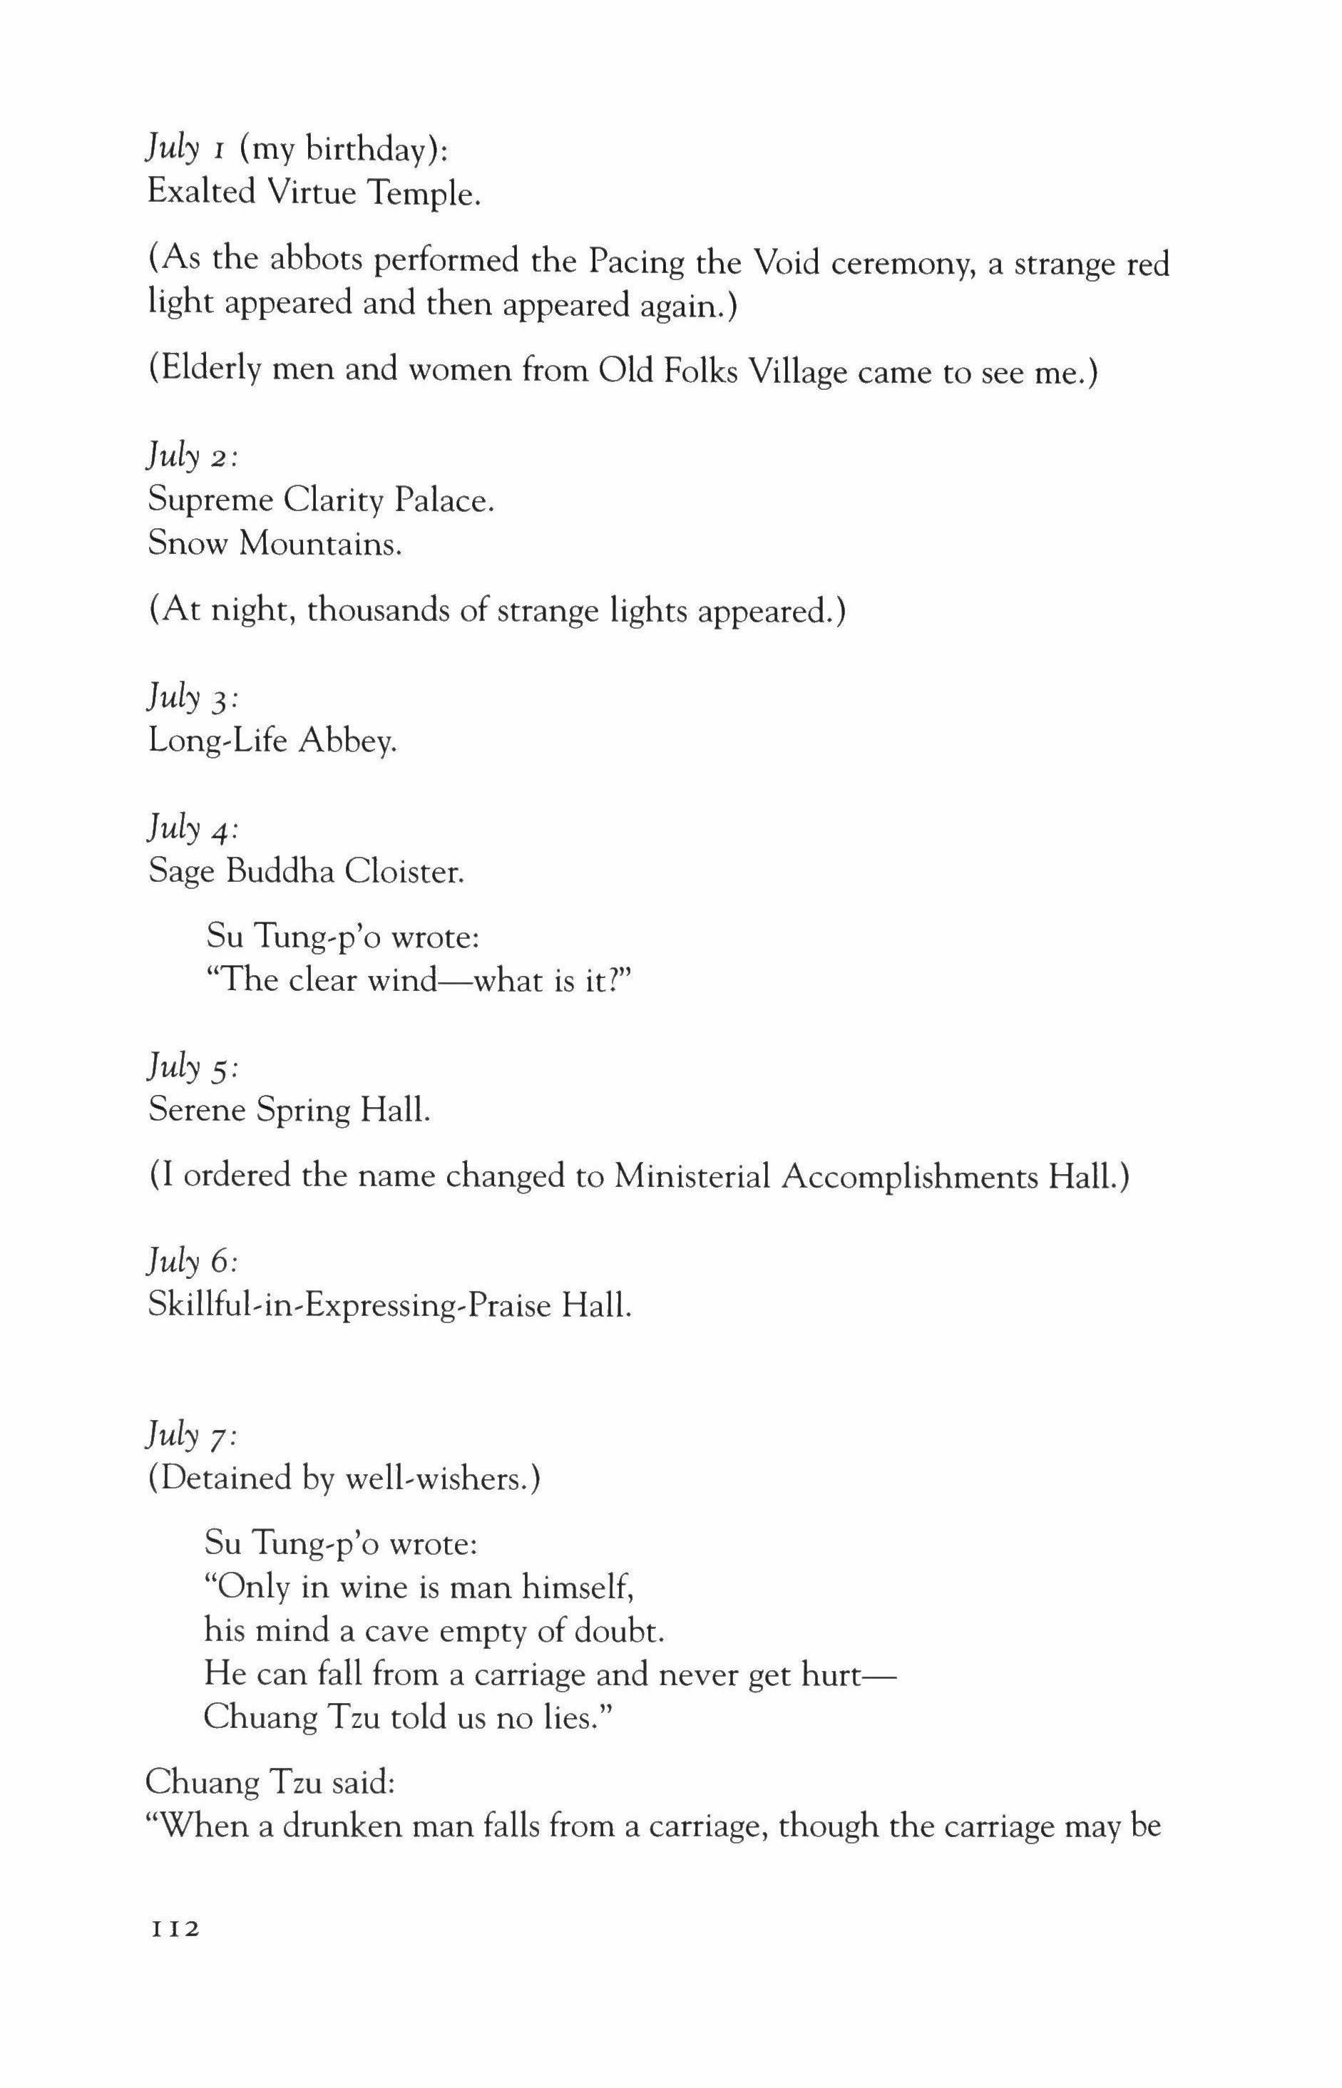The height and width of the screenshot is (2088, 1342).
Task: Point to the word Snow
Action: pos(188,543)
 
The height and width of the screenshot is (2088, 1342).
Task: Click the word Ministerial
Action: pos(692,1177)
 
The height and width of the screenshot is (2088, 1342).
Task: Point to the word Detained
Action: pos(226,1478)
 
